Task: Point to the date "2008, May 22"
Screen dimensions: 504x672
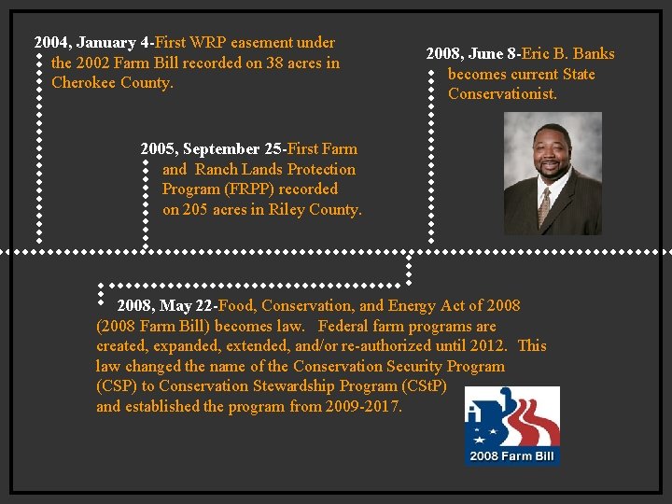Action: [x=164, y=306]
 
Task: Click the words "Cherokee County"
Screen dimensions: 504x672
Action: [x=111, y=83]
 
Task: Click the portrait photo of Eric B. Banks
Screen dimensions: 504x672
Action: [x=553, y=173]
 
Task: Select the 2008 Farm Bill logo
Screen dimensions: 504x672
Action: [x=512, y=425]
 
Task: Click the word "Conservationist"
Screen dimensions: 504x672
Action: [x=502, y=94]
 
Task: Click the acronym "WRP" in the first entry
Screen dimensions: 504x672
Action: [x=210, y=43]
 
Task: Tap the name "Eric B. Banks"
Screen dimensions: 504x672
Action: [x=567, y=54]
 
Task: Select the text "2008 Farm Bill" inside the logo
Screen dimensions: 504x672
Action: [x=512, y=456]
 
